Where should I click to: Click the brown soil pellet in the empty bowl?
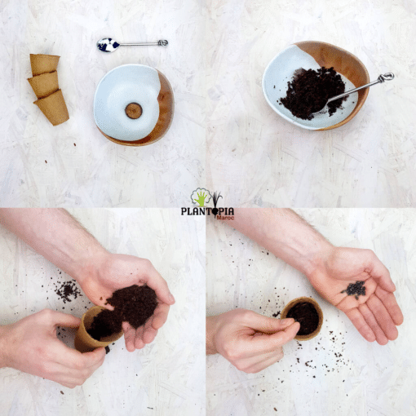click(x=134, y=111)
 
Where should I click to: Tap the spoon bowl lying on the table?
click(x=108, y=45)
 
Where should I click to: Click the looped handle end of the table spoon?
click(x=163, y=42)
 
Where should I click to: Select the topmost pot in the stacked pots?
click(x=45, y=64)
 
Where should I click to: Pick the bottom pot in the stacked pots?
click(x=52, y=108)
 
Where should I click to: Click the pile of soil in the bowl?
click(x=312, y=92)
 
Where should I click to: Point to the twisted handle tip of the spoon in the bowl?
click(x=385, y=77)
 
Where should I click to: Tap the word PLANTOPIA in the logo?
click(x=207, y=211)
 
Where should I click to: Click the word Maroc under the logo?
click(x=225, y=218)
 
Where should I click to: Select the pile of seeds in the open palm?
click(x=354, y=290)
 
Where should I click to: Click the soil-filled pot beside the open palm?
click(x=302, y=318)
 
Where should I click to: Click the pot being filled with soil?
click(x=94, y=330)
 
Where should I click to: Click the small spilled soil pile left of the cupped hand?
click(x=67, y=291)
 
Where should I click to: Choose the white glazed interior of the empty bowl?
click(x=127, y=100)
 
